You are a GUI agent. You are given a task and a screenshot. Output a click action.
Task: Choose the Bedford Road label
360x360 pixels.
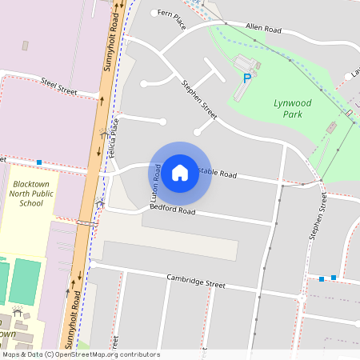[x=172, y=211]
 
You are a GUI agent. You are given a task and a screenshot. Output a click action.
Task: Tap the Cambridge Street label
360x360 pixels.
[x=196, y=281]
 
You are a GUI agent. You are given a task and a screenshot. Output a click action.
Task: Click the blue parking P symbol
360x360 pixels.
[x=247, y=78]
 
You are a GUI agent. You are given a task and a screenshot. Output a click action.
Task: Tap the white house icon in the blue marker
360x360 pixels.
[x=180, y=172]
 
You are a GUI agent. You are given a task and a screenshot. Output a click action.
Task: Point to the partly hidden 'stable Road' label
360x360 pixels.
[x=218, y=173]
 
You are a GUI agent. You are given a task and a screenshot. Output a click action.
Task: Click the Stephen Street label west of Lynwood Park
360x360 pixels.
[x=198, y=98]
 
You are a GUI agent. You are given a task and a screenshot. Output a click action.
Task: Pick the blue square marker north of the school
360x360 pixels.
[x=38, y=162]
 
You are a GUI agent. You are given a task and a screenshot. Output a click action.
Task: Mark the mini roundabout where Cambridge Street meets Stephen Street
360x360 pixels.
[x=302, y=298]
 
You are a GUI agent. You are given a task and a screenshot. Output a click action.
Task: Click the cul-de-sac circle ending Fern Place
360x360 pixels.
[x=154, y=14]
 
